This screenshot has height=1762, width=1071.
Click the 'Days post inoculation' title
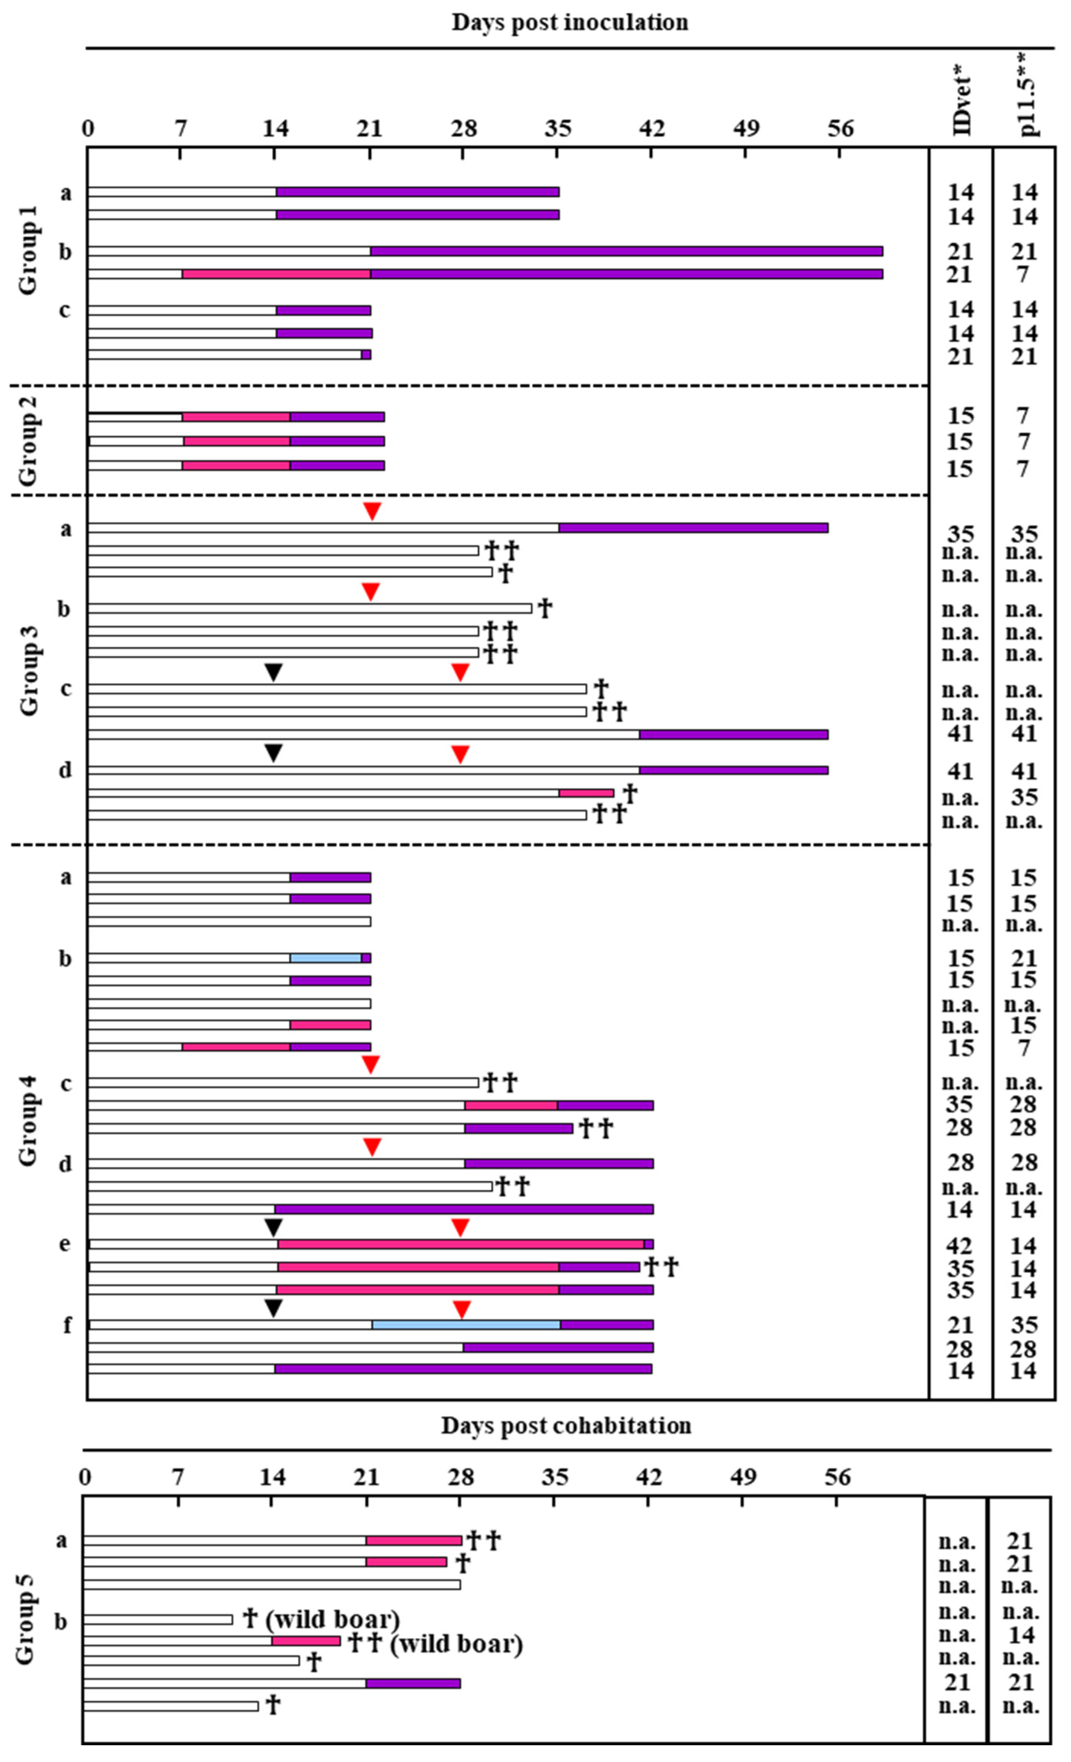570,22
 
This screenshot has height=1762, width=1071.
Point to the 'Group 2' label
28,440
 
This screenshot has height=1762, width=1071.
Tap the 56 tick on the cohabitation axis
837,1477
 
